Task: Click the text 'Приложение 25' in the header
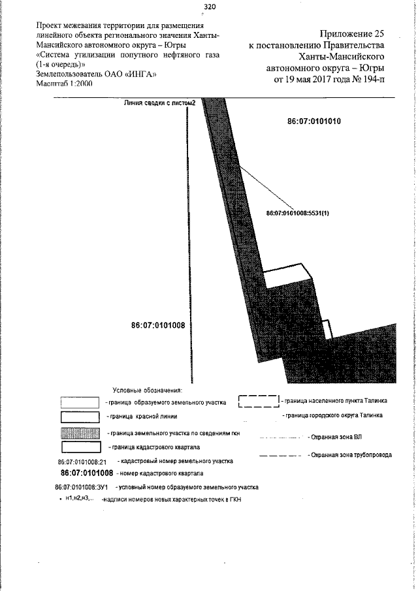(351, 33)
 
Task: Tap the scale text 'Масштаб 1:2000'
(65, 84)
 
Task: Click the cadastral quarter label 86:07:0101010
(315, 121)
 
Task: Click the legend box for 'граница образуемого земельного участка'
(80, 403)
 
